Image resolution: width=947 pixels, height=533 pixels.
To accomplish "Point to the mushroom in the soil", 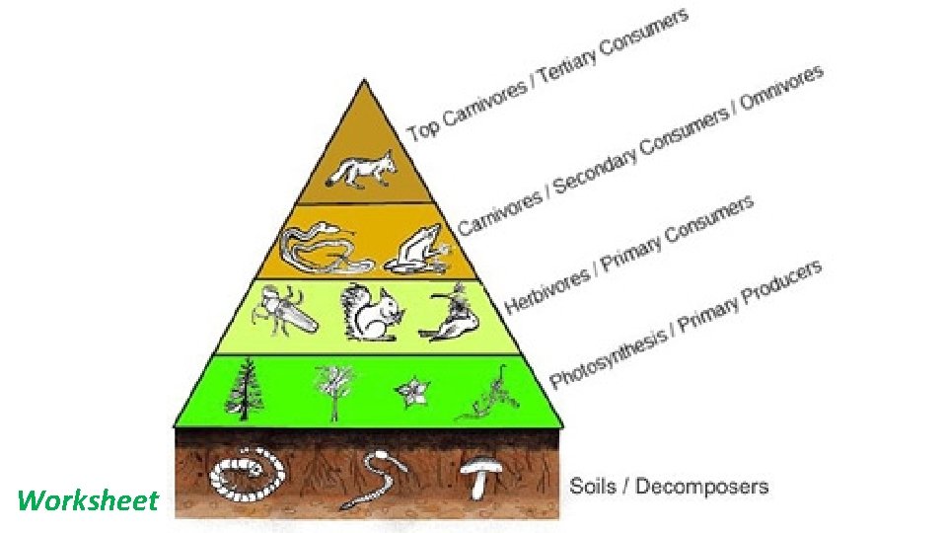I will tap(480, 476).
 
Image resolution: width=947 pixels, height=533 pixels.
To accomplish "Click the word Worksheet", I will tap(87, 501).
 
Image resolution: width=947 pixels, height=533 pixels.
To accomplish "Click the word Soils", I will tap(595, 487).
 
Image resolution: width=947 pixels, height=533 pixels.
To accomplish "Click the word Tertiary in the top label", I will tap(569, 71).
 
